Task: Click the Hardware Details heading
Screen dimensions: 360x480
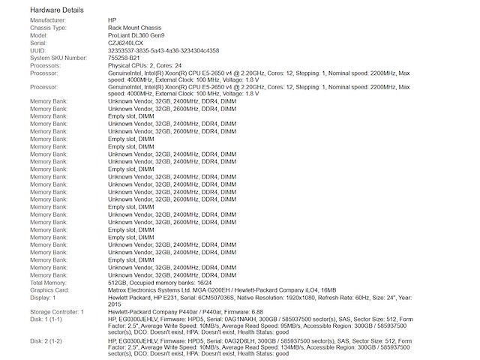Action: click(x=57, y=9)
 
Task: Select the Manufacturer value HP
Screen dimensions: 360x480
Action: click(x=112, y=20)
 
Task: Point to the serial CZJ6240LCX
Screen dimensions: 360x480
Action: click(x=127, y=43)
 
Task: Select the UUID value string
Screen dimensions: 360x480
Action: click(x=163, y=50)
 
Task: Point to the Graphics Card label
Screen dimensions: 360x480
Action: click(x=49, y=289)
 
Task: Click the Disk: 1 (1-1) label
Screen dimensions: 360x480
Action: click(x=46, y=319)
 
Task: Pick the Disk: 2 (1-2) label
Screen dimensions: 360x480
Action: click(x=46, y=341)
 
